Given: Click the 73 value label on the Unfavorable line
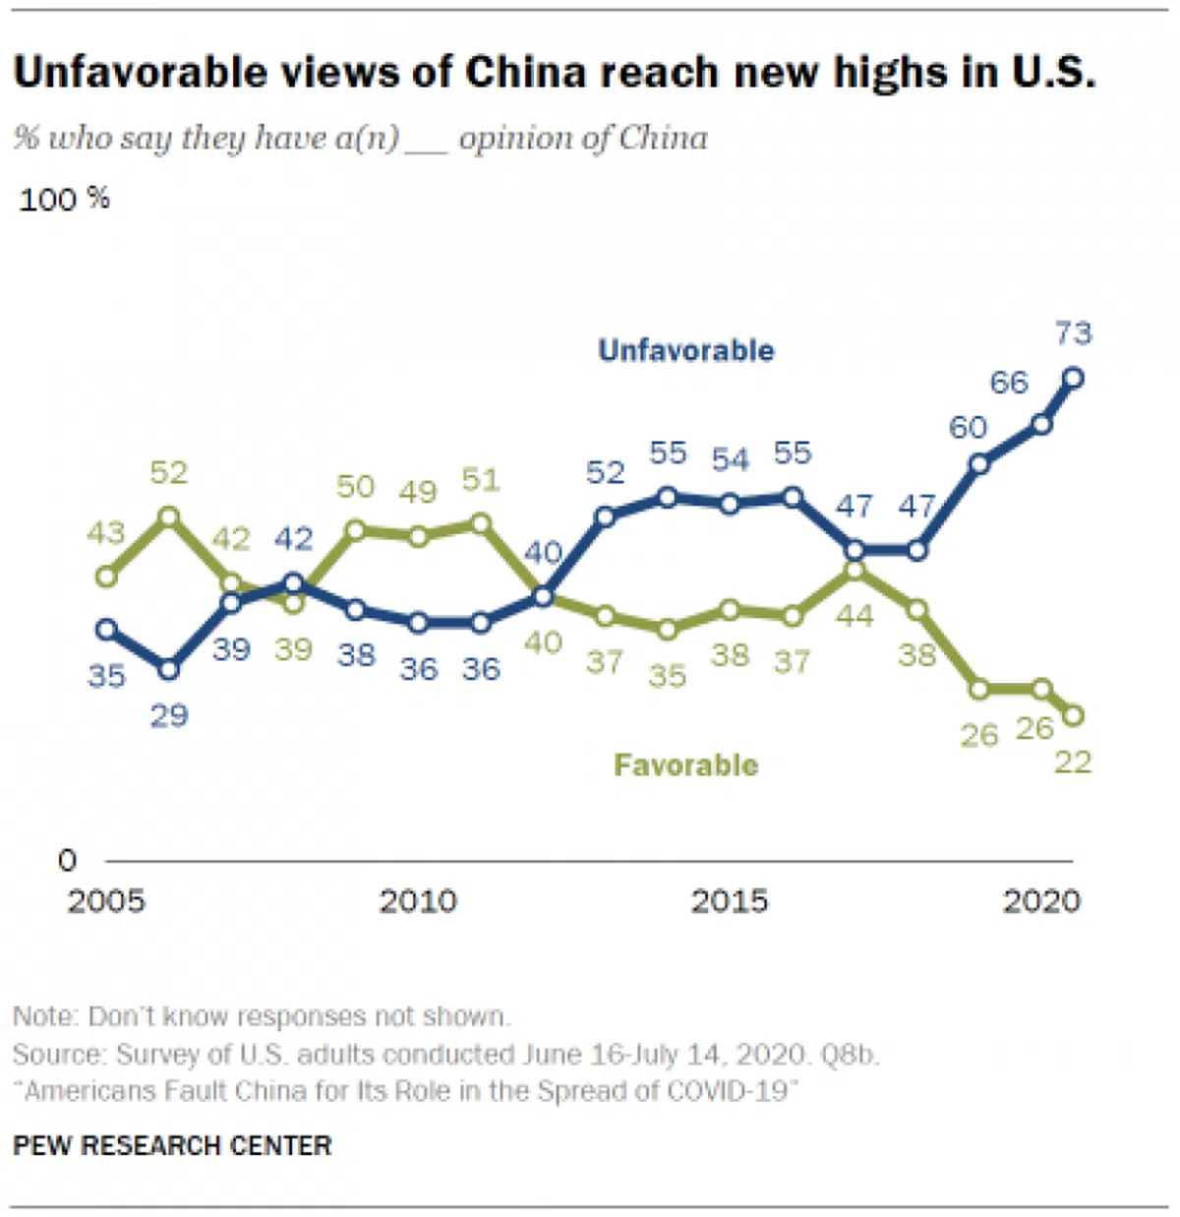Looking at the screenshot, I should point(1073,334).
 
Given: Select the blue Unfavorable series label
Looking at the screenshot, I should point(685,350).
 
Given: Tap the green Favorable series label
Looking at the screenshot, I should point(685,765).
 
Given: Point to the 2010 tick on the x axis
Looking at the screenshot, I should point(418,901).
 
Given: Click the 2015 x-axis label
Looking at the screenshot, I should point(729,901).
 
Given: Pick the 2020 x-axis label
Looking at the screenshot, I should point(1041,901).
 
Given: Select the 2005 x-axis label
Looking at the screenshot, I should point(106,901).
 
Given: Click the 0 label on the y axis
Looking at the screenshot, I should point(67,861).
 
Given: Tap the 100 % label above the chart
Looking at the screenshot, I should point(64,200).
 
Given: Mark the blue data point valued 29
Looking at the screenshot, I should point(169,669).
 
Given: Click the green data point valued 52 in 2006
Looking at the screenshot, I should point(169,516).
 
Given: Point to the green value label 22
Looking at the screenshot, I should point(1072,762).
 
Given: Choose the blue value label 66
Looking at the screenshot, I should point(1009,383).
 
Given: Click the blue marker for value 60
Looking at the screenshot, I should point(979,464).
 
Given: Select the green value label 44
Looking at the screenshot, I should point(854,617).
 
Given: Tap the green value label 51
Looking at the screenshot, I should point(481,480).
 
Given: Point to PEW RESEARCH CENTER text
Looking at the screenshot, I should point(172,1146).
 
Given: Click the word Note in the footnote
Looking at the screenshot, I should point(44,1016).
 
